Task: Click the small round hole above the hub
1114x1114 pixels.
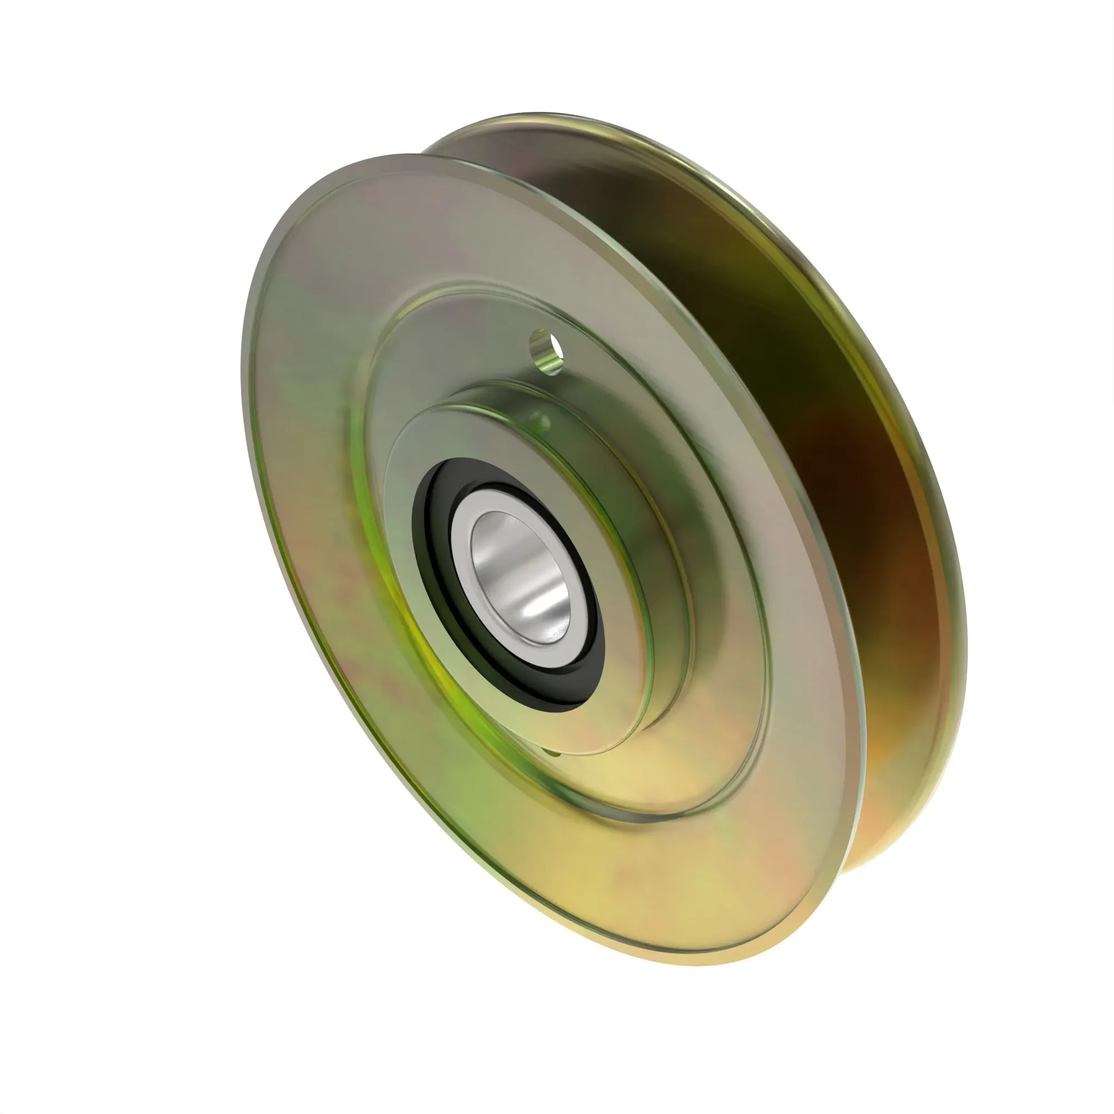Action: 546,351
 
